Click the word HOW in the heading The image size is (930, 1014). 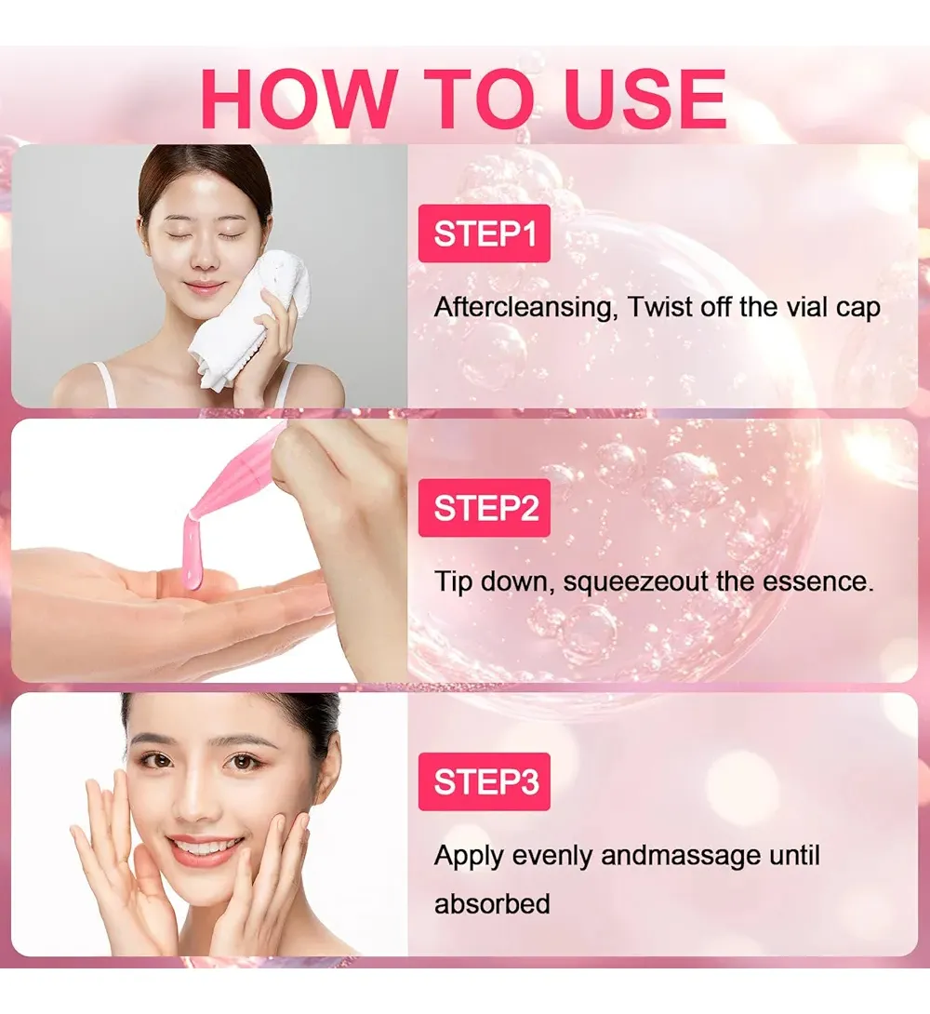point(299,99)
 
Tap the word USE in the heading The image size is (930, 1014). point(645,99)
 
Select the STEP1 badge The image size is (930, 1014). point(485,233)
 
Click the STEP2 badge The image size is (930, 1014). point(485,508)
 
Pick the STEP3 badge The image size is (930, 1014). point(485,781)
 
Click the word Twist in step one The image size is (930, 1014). point(660,307)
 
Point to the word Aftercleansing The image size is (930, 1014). point(524,307)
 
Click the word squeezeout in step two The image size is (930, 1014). point(636,582)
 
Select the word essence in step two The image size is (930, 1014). point(817,581)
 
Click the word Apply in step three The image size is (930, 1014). point(469,856)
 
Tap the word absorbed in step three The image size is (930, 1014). point(492,904)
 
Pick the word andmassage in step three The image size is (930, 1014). point(681,856)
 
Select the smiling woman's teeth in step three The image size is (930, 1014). point(206,846)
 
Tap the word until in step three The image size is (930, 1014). point(794,855)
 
